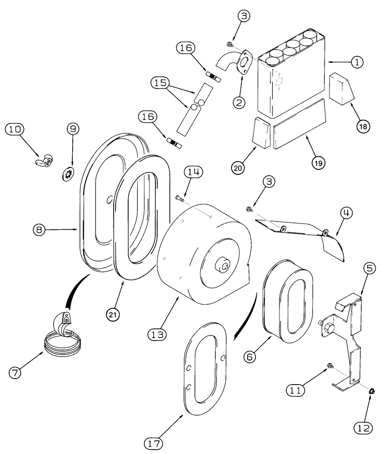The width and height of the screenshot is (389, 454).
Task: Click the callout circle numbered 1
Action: coord(358,63)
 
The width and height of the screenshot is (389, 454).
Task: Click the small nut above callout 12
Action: coord(371,390)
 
